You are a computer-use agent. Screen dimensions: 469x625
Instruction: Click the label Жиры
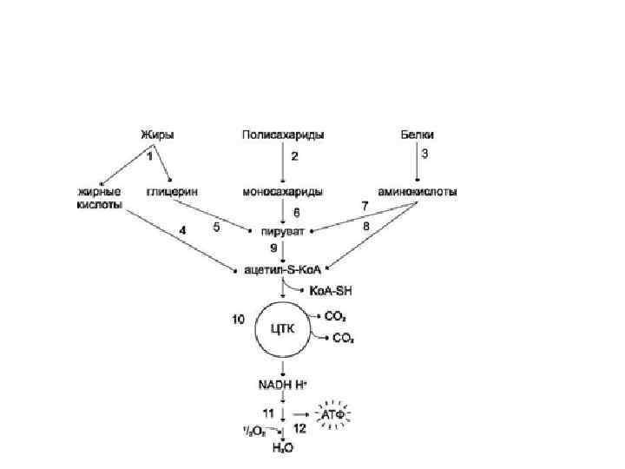point(157,135)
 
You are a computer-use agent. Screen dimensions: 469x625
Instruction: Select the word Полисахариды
point(283,135)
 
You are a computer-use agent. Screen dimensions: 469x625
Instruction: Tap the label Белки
point(417,135)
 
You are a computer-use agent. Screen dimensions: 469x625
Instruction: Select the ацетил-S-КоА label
point(283,270)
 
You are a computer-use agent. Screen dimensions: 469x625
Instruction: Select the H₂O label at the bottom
point(282,446)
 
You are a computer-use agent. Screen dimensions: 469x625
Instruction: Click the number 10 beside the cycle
point(237,319)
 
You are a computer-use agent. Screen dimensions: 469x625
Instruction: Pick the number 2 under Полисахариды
point(294,158)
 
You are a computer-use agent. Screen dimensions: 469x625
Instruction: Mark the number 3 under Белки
point(424,154)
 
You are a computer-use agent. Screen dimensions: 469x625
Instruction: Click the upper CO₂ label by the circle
point(335,316)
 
